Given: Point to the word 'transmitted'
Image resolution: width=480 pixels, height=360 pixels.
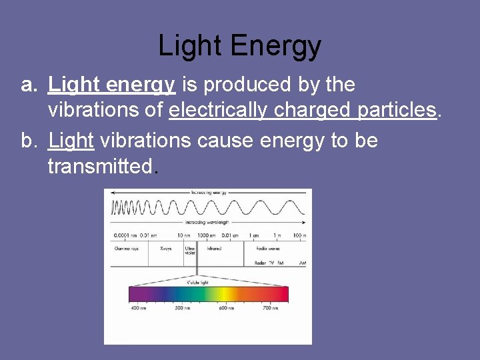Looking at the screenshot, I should [100, 166].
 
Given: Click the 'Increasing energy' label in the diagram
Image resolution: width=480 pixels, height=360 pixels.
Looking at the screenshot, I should [209, 192].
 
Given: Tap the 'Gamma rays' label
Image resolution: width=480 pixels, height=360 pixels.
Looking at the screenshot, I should [126, 248].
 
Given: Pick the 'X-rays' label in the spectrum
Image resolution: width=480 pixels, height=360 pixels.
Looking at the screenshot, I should [166, 248].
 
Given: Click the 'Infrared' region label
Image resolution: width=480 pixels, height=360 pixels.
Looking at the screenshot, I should [213, 248].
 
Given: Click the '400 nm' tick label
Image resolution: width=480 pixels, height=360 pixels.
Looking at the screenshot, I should [138, 309].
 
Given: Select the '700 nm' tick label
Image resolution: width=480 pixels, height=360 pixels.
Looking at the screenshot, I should [271, 309].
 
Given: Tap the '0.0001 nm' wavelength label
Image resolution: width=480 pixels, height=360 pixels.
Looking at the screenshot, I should [123, 235].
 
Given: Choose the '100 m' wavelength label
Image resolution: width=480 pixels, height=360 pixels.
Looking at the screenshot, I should [299, 235].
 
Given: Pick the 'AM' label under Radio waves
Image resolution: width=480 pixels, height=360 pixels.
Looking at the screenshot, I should [303, 263].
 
